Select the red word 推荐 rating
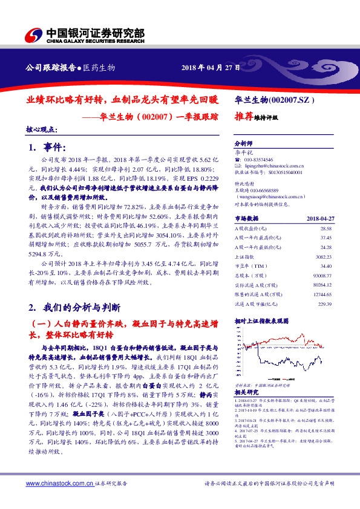point(244,118)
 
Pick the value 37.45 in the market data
point(327,238)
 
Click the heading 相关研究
point(246,392)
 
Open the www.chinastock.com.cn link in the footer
point(59,484)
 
